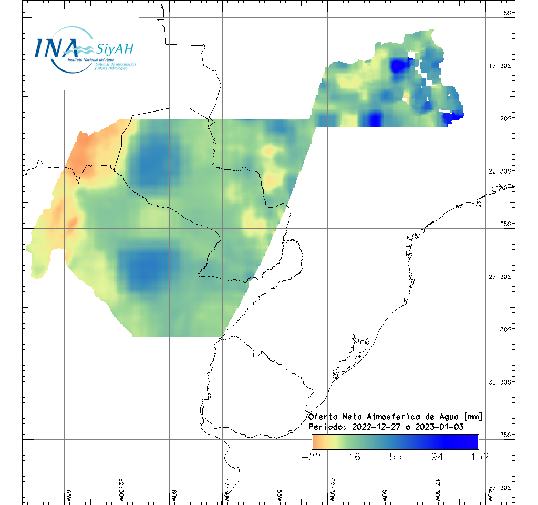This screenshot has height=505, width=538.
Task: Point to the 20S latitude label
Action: (506, 118)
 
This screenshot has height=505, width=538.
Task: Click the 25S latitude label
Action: (506, 224)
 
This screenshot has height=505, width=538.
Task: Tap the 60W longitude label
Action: (174, 497)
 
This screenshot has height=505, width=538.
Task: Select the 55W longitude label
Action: (280, 497)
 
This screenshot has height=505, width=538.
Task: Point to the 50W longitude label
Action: (385, 497)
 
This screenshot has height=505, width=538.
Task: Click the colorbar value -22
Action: (312, 457)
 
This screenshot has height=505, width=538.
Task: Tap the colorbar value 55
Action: (396, 457)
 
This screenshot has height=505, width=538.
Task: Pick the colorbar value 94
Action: (437, 457)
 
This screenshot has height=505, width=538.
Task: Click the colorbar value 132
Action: (478, 457)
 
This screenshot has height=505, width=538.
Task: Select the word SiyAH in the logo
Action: (115, 49)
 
